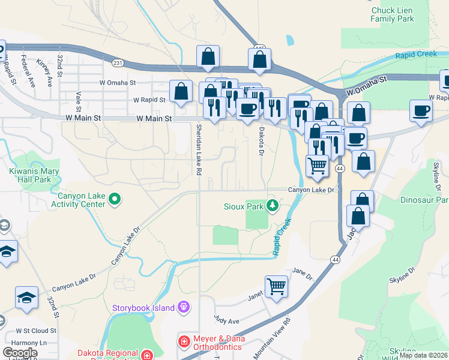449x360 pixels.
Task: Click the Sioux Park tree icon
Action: [x=273, y=206]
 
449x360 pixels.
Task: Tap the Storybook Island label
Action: [x=143, y=308]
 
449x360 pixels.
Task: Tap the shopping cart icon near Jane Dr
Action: [x=277, y=286]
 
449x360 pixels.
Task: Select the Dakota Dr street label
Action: [x=261, y=140]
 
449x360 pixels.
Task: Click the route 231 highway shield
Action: [x=118, y=62]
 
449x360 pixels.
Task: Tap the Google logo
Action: [x=19, y=353]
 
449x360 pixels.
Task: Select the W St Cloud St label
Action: [x=36, y=331]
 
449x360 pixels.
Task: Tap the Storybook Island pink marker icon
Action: [x=183, y=308]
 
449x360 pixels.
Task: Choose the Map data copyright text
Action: [x=424, y=355]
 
